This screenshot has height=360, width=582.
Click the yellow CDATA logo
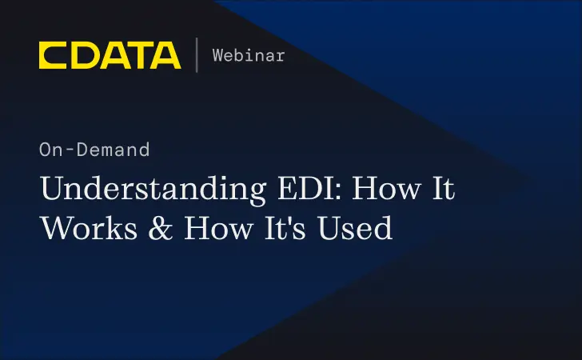click(110, 55)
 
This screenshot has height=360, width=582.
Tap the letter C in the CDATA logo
click(53, 55)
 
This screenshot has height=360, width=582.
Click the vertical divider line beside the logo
click(197, 55)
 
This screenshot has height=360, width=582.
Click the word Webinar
click(248, 55)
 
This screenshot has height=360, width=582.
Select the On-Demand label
click(94, 150)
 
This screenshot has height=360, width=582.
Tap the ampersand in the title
click(158, 229)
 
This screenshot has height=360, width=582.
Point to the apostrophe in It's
click(291, 218)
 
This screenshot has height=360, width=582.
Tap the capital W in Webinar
click(217, 55)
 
